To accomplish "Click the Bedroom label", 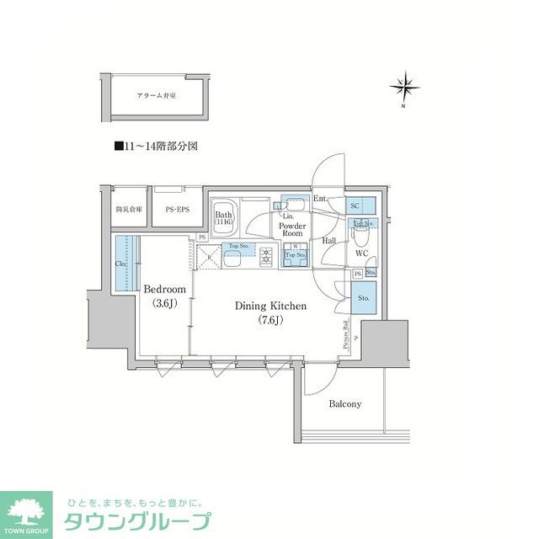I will click(x=164, y=289).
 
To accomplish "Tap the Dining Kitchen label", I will click(x=269, y=307).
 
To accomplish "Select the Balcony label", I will click(x=344, y=403).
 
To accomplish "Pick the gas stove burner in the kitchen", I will click(x=266, y=253).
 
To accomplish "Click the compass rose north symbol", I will click(x=405, y=87).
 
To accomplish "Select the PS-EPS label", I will click(x=176, y=208).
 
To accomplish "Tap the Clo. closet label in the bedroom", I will click(x=122, y=262).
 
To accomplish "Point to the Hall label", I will click(x=329, y=241).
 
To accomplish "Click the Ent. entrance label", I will click(x=320, y=199).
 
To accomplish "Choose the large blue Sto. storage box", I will click(x=364, y=297).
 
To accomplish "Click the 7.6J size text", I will click(x=269, y=320).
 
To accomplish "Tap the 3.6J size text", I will click(x=164, y=303).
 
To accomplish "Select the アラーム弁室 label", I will click(x=156, y=97).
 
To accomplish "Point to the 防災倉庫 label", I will click(x=129, y=208).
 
